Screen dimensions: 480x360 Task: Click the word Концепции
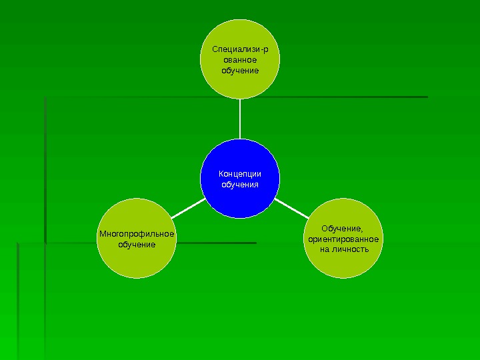pos(240,173)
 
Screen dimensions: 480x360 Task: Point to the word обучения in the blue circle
pos(240,184)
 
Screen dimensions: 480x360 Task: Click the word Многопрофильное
pos(137,234)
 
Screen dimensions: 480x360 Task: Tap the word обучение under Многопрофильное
pos(137,245)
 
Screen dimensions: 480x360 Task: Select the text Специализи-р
pos(240,49)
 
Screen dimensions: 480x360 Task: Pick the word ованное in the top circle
pos(240,59)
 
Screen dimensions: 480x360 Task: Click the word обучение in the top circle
pos(240,70)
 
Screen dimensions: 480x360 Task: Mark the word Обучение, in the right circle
pos(343,228)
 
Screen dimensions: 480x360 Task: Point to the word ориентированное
pos(343,239)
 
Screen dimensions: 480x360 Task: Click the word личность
pos(353,249)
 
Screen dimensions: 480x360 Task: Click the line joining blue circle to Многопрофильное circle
pos(188,208)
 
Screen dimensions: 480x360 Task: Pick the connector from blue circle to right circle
pos(292,208)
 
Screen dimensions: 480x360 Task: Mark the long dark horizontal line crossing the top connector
pos(333,97)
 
